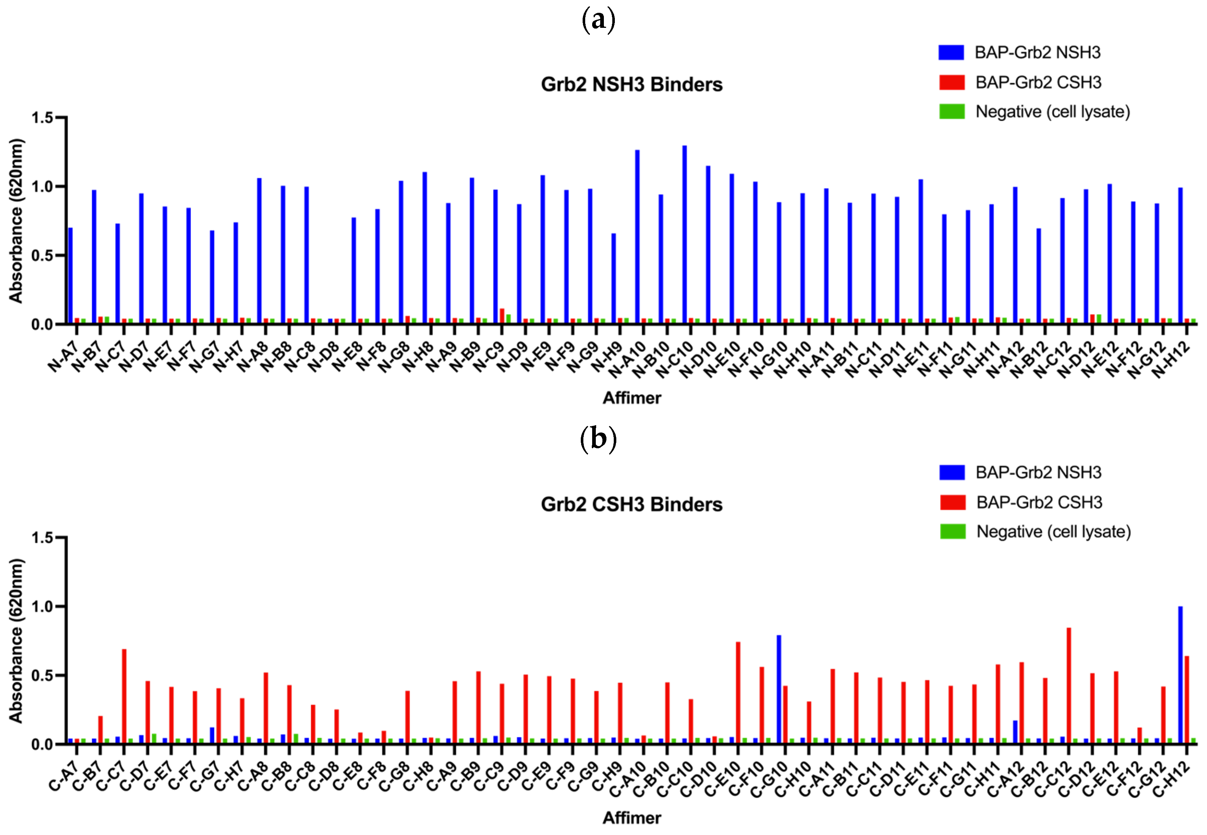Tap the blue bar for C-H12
(1180, 675)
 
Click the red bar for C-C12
(1069, 685)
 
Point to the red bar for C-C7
(124, 696)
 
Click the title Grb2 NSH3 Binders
(631, 84)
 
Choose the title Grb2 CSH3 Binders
(631, 504)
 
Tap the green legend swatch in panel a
(952, 111)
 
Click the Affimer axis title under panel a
(631, 398)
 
